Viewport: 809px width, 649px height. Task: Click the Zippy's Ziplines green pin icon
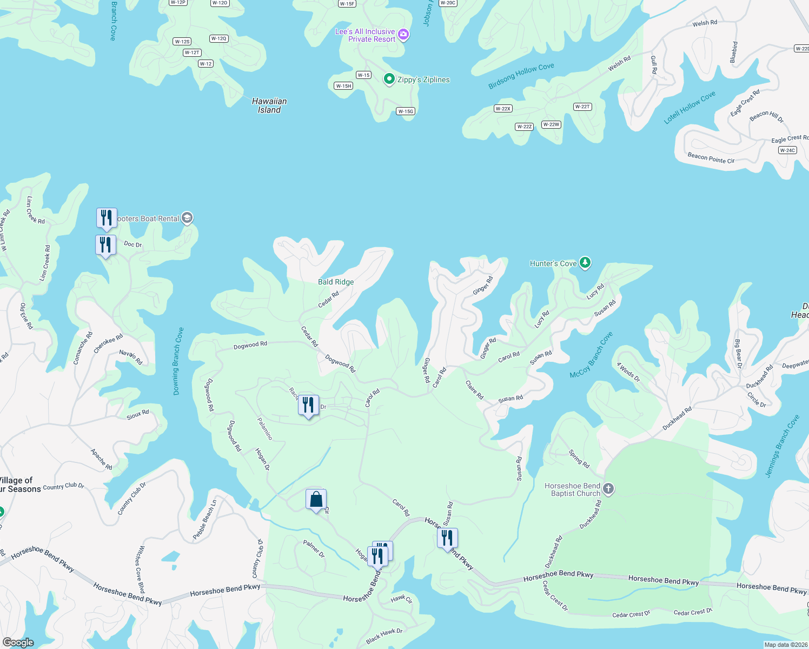pyautogui.click(x=389, y=80)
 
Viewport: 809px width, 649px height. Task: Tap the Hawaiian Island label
pyautogui.click(x=269, y=105)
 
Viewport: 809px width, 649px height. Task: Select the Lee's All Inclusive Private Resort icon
pyautogui.click(x=403, y=35)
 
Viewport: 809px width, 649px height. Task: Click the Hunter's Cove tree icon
pyautogui.click(x=585, y=263)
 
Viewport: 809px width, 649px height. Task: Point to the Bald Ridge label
pyautogui.click(x=336, y=282)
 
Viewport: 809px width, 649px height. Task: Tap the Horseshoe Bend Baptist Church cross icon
pyautogui.click(x=608, y=489)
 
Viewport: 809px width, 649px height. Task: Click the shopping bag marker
pyautogui.click(x=316, y=499)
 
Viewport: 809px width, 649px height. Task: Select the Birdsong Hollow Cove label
pyautogui.click(x=521, y=76)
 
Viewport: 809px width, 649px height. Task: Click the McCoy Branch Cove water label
pyautogui.click(x=591, y=355)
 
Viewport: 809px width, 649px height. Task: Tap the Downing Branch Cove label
pyautogui.click(x=178, y=361)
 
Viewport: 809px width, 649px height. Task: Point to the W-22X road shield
pyautogui.click(x=503, y=109)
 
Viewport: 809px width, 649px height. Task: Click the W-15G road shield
pyautogui.click(x=406, y=111)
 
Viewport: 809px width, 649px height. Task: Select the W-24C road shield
pyautogui.click(x=787, y=150)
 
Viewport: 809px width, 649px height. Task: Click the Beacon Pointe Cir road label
pyautogui.click(x=711, y=158)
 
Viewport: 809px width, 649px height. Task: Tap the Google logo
pyautogui.click(x=18, y=643)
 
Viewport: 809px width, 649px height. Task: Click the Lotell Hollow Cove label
pyautogui.click(x=689, y=108)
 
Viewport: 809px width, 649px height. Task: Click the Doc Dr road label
pyautogui.click(x=132, y=244)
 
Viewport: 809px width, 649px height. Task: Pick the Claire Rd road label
pyautogui.click(x=474, y=390)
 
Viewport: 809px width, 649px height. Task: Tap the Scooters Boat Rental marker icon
pyautogui.click(x=187, y=218)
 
